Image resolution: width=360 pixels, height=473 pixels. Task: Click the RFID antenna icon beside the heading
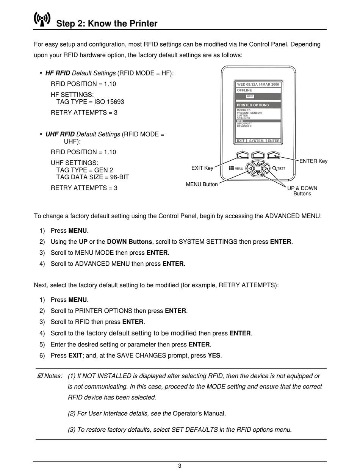click(42, 19)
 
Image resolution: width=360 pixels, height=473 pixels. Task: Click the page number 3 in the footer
click(180, 466)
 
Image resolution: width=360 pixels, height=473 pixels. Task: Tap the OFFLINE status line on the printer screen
click(244, 91)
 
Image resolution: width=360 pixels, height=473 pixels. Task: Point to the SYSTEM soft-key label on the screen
click(256, 141)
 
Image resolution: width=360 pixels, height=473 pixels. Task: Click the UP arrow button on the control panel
click(258, 163)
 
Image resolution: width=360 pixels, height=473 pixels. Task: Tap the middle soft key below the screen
click(258, 155)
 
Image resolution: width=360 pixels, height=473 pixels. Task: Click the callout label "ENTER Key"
click(313, 161)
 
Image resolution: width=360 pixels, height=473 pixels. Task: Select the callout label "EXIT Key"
click(202, 168)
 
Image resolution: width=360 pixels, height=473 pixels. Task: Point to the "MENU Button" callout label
click(202, 185)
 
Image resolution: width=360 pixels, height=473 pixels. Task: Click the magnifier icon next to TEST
click(274, 168)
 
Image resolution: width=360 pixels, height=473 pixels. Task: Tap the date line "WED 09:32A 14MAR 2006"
click(258, 85)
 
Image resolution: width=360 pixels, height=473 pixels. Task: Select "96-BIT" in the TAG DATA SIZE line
click(119, 177)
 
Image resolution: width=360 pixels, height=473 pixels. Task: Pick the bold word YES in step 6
click(214, 356)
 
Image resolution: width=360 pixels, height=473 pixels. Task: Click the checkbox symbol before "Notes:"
click(40, 376)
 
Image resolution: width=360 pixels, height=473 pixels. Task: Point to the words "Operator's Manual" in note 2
click(199, 413)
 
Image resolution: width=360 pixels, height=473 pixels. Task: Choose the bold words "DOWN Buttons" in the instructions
click(130, 242)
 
